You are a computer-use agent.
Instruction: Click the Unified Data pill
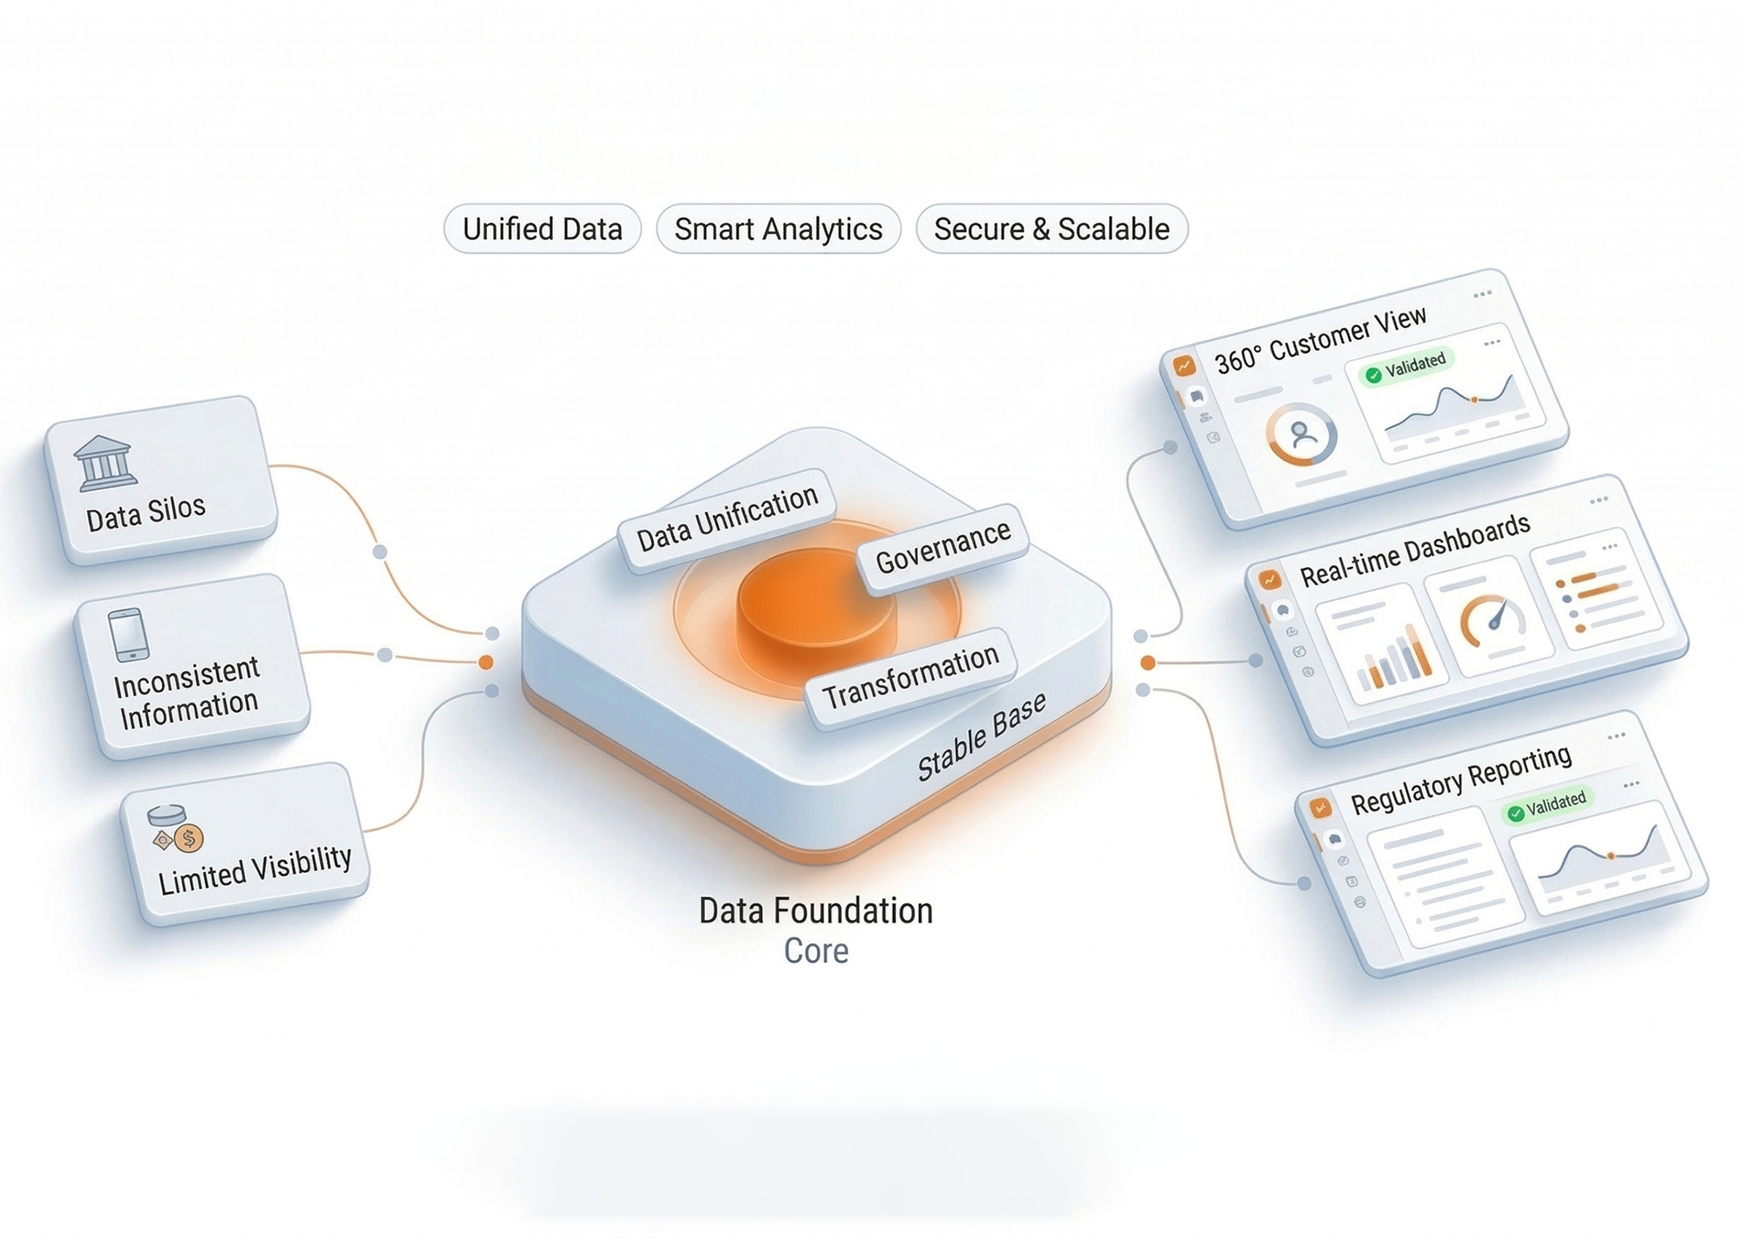[542, 229]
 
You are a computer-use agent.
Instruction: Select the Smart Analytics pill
[778, 229]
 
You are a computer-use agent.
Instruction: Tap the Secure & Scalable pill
[1052, 229]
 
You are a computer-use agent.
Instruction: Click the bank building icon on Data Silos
[105, 462]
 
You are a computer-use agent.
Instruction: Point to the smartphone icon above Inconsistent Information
[129, 634]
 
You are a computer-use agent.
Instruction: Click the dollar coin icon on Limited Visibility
[188, 839]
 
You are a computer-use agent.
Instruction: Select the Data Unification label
[727, 519]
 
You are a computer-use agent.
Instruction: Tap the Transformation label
[911, 677]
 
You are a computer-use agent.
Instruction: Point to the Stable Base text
[982, 737]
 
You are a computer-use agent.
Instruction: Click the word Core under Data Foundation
[816, 950]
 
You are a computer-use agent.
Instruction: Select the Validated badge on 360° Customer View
[1409, 367]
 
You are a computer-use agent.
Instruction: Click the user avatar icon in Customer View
[1303, 434]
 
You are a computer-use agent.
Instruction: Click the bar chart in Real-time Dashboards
[1393, 658]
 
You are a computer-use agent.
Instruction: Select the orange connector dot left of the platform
[486, 662]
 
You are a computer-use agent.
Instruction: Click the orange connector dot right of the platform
[1148, 662]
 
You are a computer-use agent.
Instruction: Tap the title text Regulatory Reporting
[1461, 780]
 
